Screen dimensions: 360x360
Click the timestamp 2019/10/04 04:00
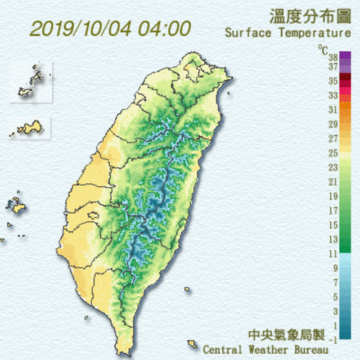110,28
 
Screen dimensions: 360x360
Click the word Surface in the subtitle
248,33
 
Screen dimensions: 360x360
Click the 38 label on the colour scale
332,57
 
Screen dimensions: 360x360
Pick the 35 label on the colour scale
332,81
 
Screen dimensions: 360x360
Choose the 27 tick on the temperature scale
332,138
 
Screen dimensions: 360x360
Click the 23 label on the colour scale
332,167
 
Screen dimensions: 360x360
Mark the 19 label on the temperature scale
332,196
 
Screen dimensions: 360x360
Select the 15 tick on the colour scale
332,225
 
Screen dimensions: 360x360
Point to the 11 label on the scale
332,254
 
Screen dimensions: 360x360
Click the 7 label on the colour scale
335,282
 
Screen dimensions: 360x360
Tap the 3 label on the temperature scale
335,312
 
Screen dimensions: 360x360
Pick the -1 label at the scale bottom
334,340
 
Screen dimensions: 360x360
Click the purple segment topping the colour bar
345,56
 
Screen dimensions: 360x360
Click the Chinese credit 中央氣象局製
287,335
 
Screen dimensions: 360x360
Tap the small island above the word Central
192,343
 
